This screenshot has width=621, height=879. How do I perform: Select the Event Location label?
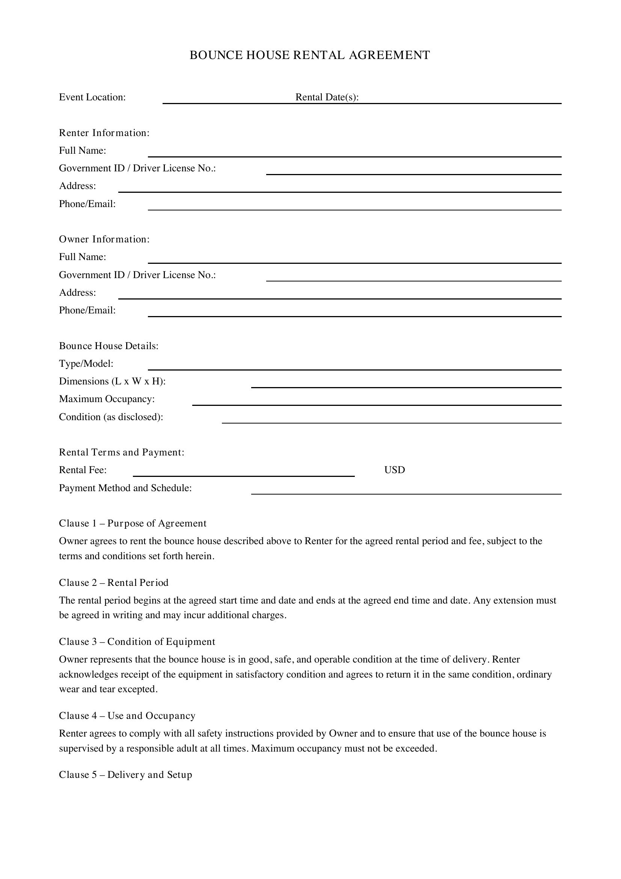tap(92, 97)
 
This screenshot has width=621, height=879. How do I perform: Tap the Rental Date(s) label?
tap(327, 97)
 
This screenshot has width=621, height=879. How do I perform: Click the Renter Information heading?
tap(104, 133)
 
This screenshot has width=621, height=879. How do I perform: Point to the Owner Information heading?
tap(104, 239)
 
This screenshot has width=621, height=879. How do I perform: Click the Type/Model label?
tap(86, 364)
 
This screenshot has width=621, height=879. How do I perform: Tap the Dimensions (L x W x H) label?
tap(112, 381)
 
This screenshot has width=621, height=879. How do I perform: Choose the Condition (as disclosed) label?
tap(111, 417)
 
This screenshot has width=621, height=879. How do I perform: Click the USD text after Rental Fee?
tap(394, 470)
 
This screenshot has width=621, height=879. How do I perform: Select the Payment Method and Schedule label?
tap(125, 488)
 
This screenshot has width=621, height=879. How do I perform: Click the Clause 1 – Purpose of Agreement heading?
tap(132, 523)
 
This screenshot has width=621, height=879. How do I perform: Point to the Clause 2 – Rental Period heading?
tap(113, 583)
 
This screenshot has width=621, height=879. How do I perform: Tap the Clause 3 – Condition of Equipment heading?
tap(137, 641)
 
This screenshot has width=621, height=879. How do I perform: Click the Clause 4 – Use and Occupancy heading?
tap(127, 716)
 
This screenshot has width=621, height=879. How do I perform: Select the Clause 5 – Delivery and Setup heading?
tap(125, 775)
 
